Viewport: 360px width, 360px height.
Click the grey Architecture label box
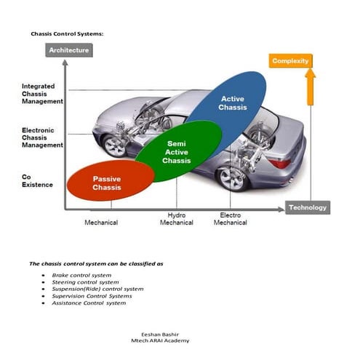point(69,50)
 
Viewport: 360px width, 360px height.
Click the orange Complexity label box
point(290,61)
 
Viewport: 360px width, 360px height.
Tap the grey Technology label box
point(307,207)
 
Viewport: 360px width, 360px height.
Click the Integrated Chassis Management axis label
point(38,94)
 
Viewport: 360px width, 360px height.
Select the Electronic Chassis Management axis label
point(38,138)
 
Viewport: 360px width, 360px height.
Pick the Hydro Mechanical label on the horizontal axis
point(176,219)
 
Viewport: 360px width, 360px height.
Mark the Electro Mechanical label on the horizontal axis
point(230,219)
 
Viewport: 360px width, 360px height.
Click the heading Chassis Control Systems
point(67,33)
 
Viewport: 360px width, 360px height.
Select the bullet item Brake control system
point(81,276)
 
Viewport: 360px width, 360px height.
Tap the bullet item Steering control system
point(85,282)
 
